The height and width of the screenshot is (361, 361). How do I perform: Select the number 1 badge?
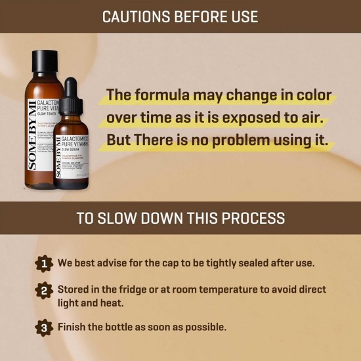click(x=44, y=263)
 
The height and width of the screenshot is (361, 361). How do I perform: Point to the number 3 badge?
click(x=44, y=326)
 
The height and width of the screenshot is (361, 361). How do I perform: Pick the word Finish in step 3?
click(x=73, y=326)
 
